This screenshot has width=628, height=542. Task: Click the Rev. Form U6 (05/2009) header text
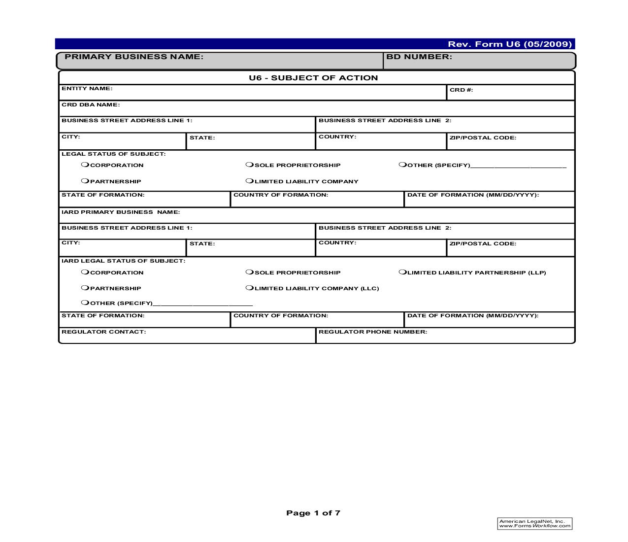pos(510,44)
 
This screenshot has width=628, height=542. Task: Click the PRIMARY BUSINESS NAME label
pos(134,57)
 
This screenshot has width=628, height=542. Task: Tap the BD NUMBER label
pos(419,57)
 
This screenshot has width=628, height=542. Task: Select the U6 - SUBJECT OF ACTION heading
pos(313,78)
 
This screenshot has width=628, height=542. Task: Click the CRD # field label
pos(461,90)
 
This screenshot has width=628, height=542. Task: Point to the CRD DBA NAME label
pos(91,105)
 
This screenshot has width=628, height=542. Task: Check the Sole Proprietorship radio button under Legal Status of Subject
pos(249,165)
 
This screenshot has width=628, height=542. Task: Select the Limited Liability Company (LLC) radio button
pos(249,288)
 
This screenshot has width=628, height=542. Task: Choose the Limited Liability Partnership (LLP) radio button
pos(402,272)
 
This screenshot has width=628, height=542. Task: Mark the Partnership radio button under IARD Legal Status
pos(85,288)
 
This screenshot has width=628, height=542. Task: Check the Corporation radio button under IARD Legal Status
pos(85,272)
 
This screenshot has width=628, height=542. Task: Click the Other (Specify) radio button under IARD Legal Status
pos(85,303)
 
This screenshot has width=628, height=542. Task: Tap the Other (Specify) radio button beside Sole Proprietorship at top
pos(402,165)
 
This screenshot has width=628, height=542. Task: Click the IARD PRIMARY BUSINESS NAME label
pos(121,212)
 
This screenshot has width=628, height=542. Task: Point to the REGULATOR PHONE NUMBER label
pos(373,332)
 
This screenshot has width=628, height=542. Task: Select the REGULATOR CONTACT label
pos(103,332)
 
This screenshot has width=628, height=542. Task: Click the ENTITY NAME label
pos(87,89)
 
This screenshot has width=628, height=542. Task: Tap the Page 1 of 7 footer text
pos(313,513)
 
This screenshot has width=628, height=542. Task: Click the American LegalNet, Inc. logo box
pos(535,524)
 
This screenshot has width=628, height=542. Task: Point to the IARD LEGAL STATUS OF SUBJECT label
pos(123,261)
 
